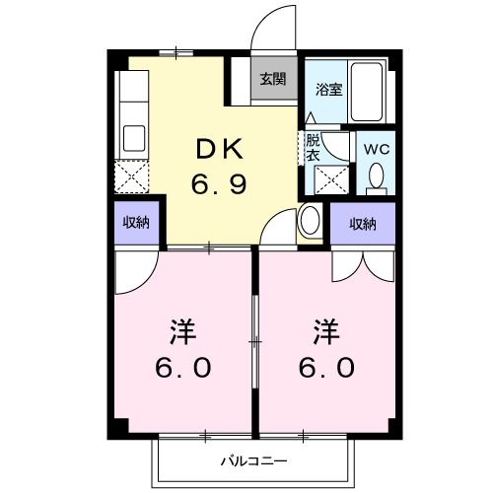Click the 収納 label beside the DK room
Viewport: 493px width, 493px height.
pyautogui.click(x=136, y=222)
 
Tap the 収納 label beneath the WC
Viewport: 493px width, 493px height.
pyautogui.click(x=362, y=224)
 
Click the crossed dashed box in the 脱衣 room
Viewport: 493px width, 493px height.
pyautogui.click(x=328, y=180)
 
